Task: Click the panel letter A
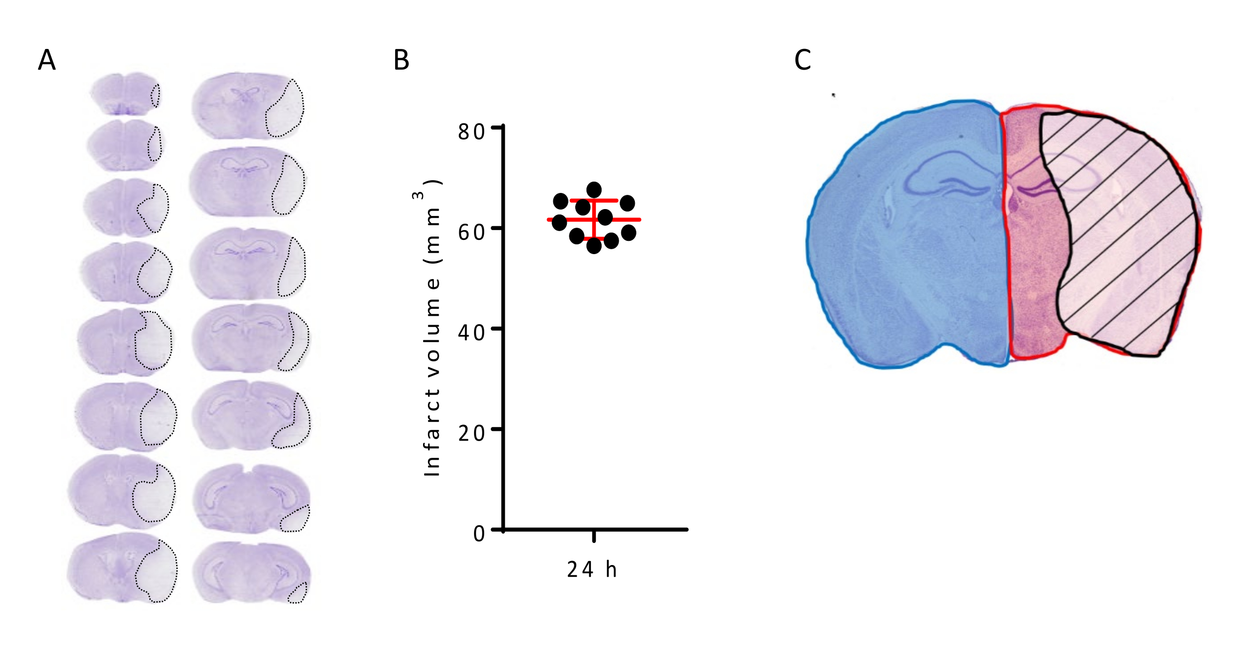point(47,60)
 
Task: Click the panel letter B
point(401,60)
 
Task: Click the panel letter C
point(803,60)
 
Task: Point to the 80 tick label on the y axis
point(471,132)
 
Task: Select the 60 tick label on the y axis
point(471,232)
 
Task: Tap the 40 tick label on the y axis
point(471,333)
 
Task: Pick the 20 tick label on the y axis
point(471,433)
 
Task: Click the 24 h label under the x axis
point(592,569)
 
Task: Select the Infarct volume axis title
point(432,328)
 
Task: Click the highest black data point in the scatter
point(594,189)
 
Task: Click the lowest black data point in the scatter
point(594,246)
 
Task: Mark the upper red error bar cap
point(594,201)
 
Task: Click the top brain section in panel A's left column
point(125,94)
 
